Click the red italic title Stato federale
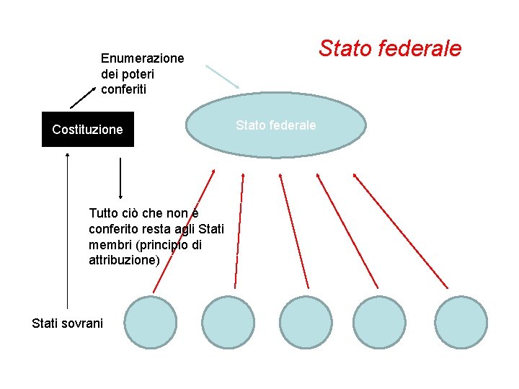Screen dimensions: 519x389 tap(389, 48)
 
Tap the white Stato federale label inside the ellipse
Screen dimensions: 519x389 tap(275, 125)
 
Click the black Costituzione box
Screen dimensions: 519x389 tap(87, 130)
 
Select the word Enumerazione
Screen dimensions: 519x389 tap(142, 58)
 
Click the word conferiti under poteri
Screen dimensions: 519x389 tap(123, 89)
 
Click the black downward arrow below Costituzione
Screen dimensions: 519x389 tap(120, 177)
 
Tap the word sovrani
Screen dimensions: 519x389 tap(85, 323)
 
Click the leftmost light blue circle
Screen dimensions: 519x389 tap(150, 322)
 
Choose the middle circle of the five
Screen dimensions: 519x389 tap(306, 322)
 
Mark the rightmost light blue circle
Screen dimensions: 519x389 tap(461, 322)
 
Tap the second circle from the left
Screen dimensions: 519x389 tap(228, 322)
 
